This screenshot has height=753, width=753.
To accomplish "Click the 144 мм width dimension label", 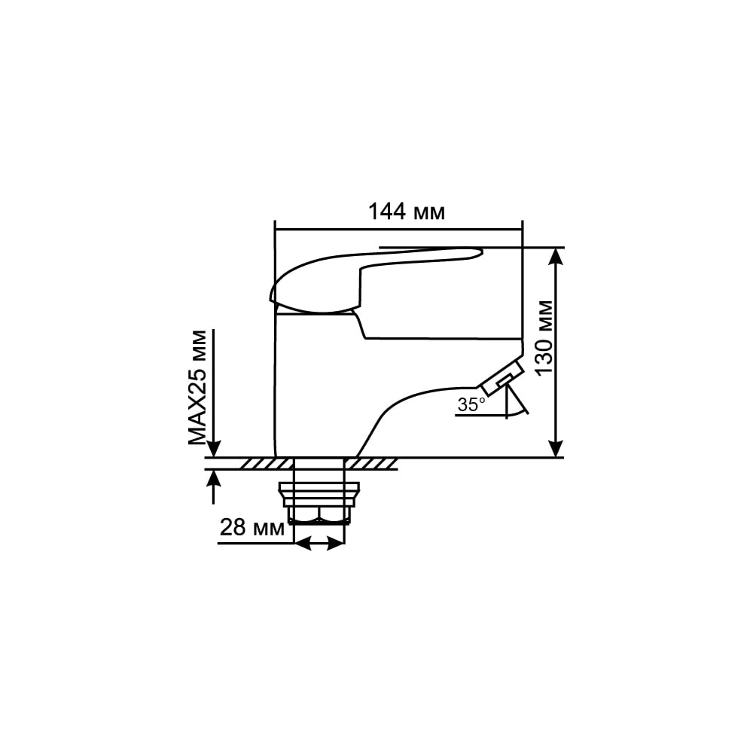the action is [407, 212].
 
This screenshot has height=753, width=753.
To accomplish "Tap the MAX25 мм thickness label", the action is [197, 388].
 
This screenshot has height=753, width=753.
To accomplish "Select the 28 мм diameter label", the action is [252, 528].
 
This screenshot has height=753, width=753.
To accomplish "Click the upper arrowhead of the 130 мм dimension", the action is [556, 255].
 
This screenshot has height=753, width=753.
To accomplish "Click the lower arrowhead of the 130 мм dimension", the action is [556, 449].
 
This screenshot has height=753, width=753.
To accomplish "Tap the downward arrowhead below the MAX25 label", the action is [214, 449].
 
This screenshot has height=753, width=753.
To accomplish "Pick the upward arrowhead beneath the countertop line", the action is [214, 477].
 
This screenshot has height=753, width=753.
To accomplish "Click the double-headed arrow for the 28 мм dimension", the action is [319, 544].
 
